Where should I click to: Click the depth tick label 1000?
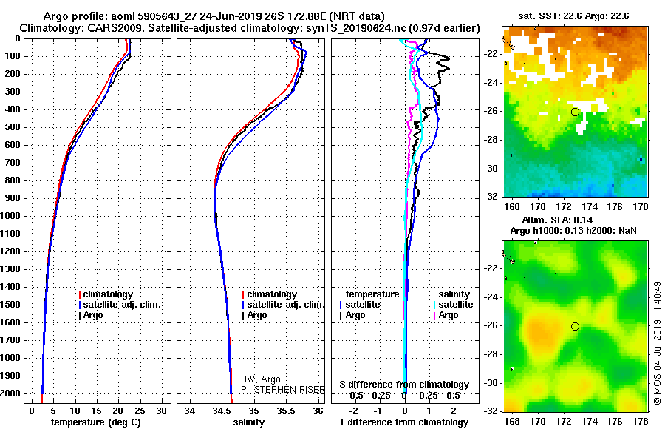[x=13, y=216]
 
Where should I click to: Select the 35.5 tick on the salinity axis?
[x=286, y=411]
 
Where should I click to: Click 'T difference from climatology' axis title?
[x=404, y=422]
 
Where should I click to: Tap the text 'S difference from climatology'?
[x=404, y=385]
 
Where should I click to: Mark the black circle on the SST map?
[x=575, y=112]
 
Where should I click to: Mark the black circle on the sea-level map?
[x=575, y=326]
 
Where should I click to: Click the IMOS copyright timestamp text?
[x=656, y=342]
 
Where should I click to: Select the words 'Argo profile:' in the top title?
[x=75, y=16]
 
